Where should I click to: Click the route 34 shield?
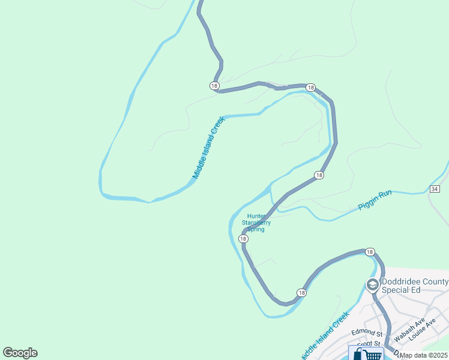[x=435, y=189]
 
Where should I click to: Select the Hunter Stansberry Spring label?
[x=256, y=223]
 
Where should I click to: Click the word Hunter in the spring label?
[x=256, y=216]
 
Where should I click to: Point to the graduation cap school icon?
[x=372, y=284]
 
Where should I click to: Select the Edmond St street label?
[x=367, y=332]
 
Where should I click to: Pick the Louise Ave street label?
[x=423, y=330]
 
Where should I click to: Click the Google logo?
[x=20, y=353]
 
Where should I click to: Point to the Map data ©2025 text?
[x=423, y=355]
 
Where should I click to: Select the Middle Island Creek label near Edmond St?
[x=325, y=336]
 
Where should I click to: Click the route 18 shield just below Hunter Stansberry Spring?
[x=243, y=239]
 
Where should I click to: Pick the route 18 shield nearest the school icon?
[x=369, y=252]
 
